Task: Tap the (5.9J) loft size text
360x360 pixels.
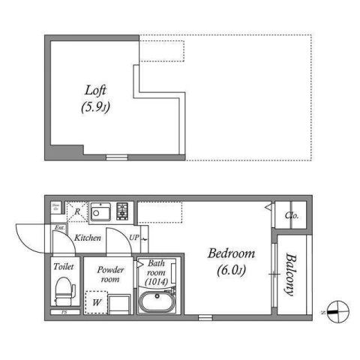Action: [x=94, y=108]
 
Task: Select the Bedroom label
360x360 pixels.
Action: [x=231, y=253]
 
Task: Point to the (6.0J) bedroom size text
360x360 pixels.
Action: [x=231, y=269]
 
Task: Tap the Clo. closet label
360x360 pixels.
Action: [x=292, y=216]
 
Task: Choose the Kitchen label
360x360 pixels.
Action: [x=88, y=238]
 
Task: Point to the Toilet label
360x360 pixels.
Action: [x=63, y=266]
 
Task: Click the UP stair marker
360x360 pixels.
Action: [x=134, y=238]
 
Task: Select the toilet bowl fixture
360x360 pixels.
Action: [x=63, y=290]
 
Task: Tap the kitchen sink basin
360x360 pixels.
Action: [x=99, y=211]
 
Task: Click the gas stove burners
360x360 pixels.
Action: [x=121, y=211]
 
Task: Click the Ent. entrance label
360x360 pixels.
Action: [x=58, y=228]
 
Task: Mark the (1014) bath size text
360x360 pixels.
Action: [x=157, y=281]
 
